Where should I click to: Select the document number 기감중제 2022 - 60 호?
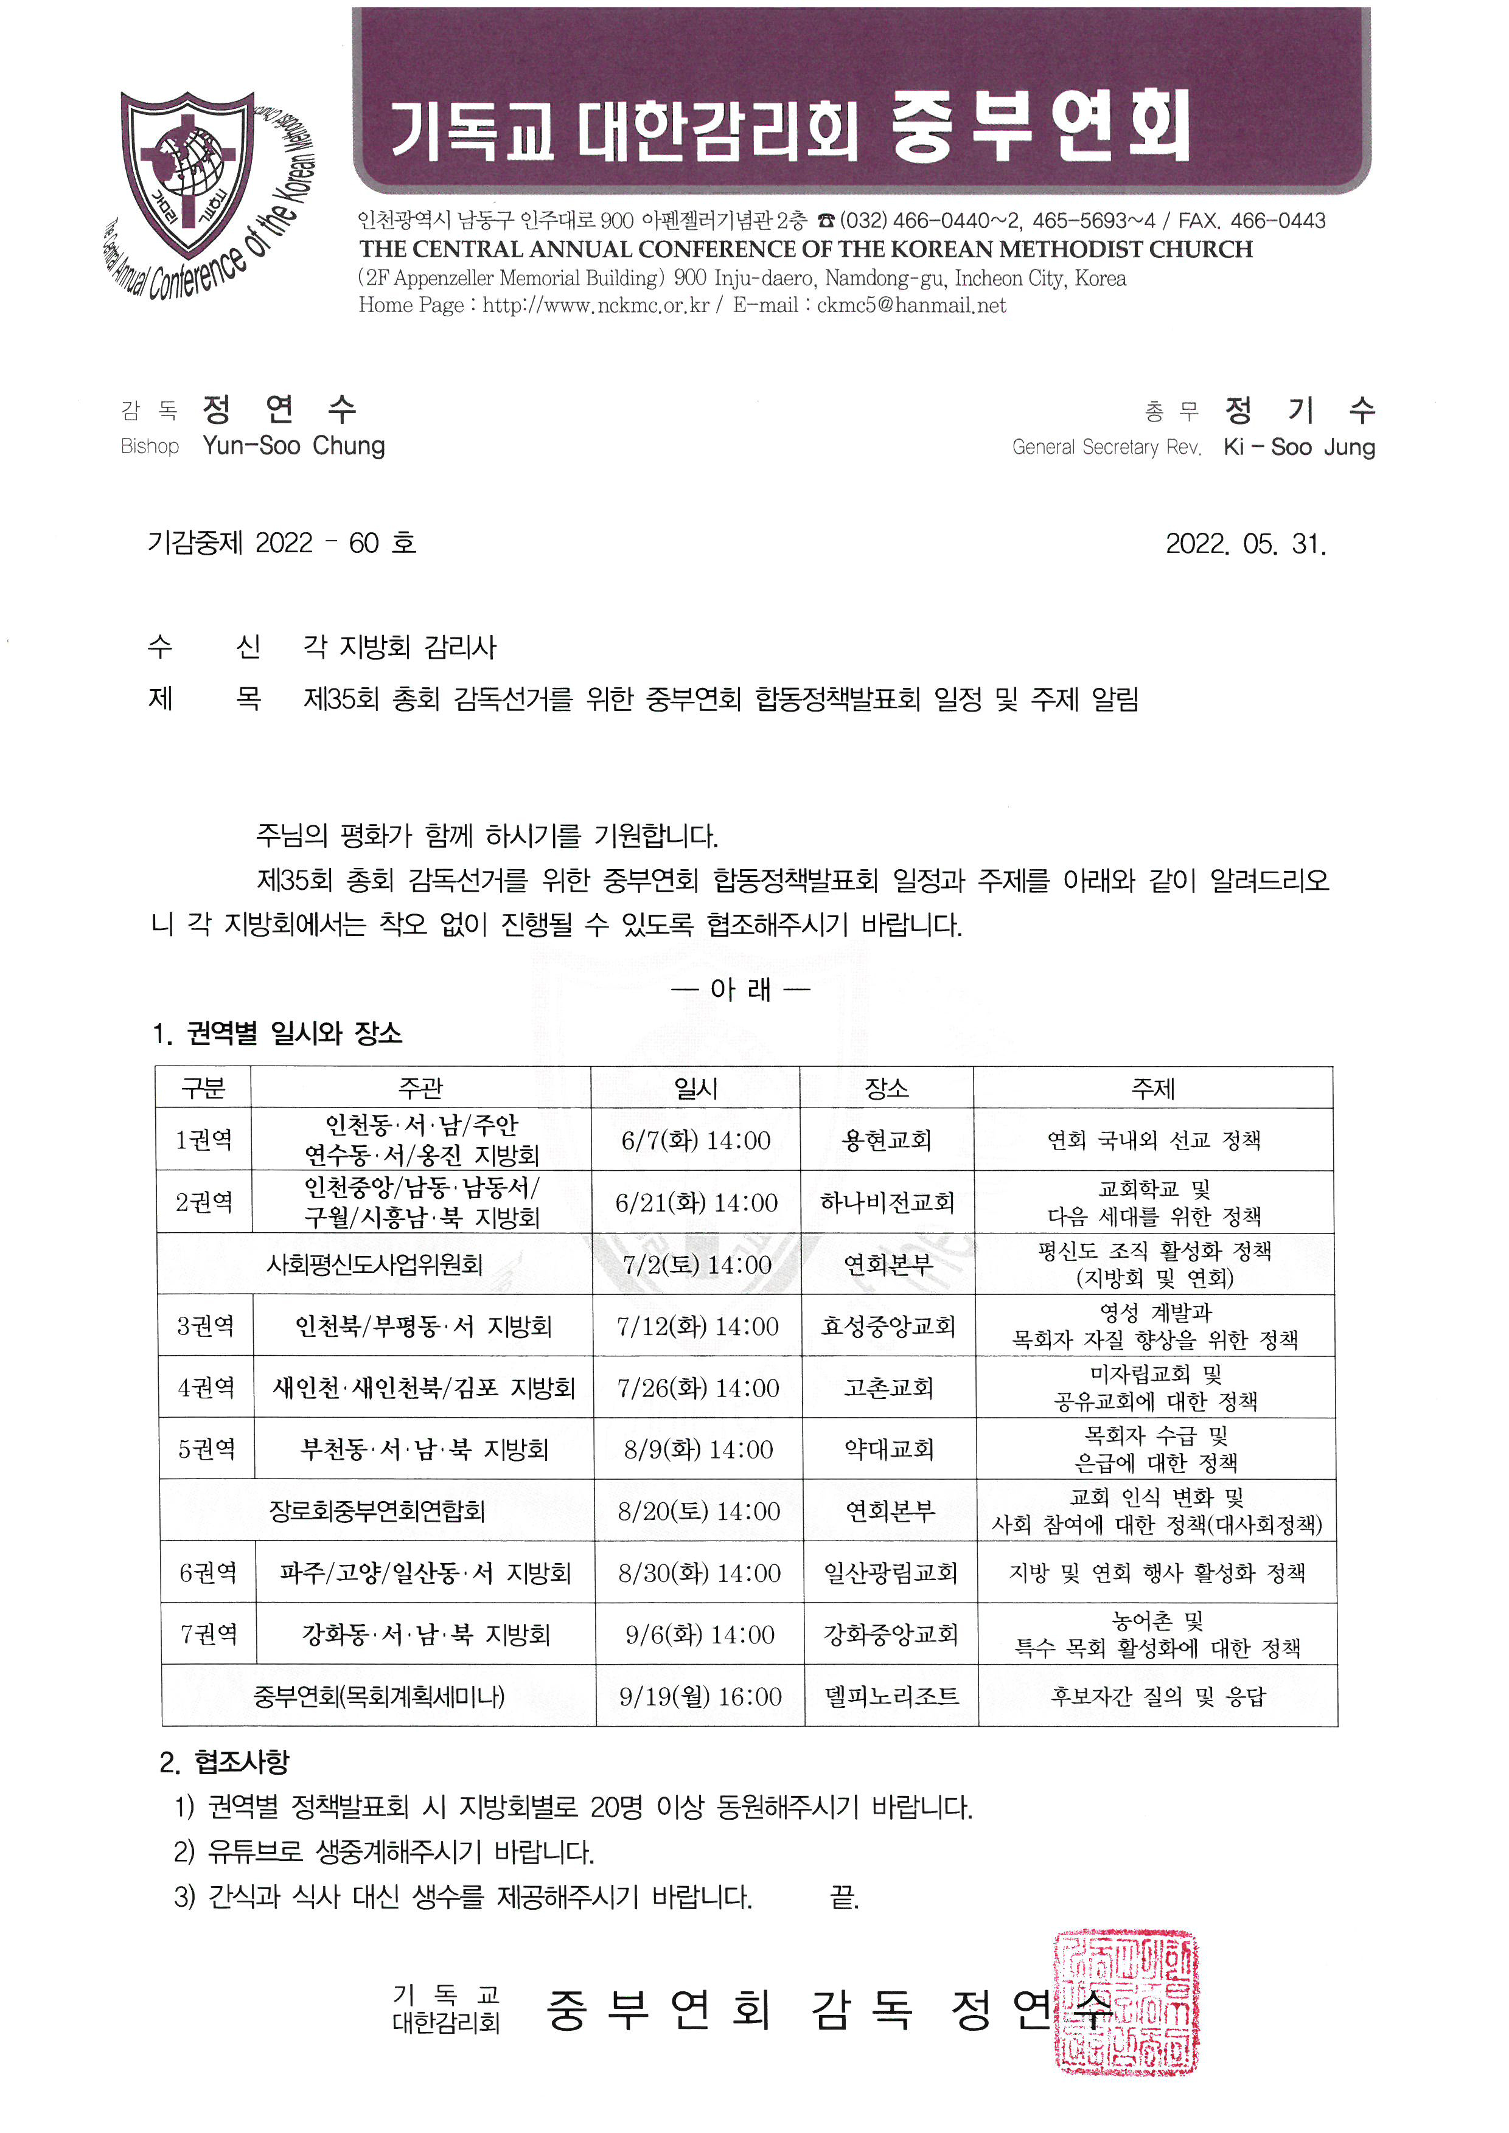click(x=282, y=543)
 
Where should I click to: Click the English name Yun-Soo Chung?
click(x=294, y=446)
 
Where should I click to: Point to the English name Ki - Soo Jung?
click(x=1298, y=447)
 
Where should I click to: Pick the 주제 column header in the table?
click(x=1152, y=1088)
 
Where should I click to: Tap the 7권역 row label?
click(x=209, y=1633)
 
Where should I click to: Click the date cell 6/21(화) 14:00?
click(x=696, y=1202)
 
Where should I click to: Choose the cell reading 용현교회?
click(x=887, y=1140)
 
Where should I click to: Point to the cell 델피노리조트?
click(x=891, y=1696)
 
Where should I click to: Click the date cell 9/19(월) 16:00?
click(x=700, y=1696)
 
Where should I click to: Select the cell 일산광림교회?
click(x=890, y=1572)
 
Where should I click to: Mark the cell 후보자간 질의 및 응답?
click(x=1158, y=1696)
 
